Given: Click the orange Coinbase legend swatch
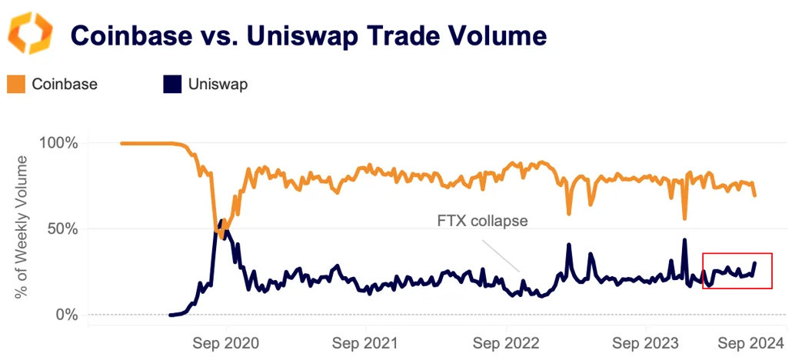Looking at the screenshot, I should (16, 84).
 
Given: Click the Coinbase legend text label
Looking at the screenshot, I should (65, 85).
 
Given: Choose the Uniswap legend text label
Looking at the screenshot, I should (218, 85).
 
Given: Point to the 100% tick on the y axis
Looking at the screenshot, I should (59, 143).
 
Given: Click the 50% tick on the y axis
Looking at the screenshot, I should (63, 229).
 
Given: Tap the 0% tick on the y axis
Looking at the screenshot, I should (67, 315).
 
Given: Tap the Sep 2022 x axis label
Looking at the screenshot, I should (507, 344).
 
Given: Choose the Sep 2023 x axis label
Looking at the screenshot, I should (647, 344).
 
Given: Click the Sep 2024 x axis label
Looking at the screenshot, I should (750, 344).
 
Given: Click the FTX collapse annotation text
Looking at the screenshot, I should (482, 221).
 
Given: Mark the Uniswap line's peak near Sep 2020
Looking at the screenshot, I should (223, 221).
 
